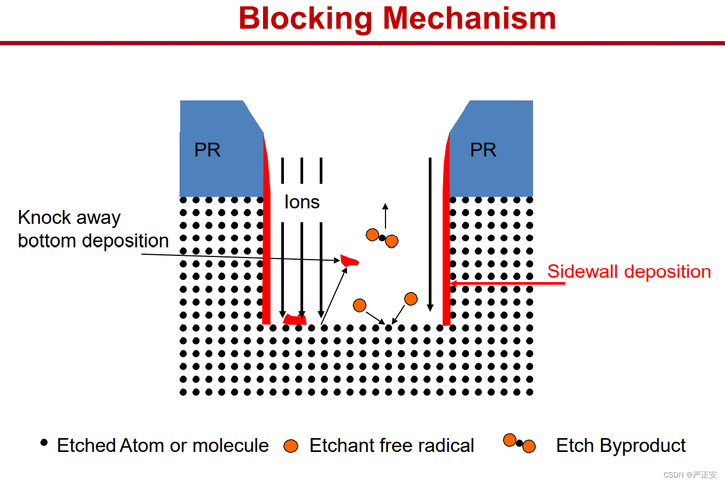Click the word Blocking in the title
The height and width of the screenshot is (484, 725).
click(x=305, y=19)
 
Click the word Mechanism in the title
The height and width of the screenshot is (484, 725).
click(x=469, y=18)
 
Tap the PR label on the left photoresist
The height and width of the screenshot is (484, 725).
click(x=207, y=150)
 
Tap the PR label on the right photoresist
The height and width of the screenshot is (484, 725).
click(x=483, y=150)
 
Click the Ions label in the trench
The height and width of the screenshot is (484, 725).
click(x=302, y=202)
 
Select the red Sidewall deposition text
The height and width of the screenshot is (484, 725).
click(x=629, y=271)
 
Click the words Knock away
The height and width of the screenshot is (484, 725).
click(x=70, y=217)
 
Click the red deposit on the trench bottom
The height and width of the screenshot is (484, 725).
click(x=295, y=319)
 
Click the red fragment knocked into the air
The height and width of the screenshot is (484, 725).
click(x=349, y=261)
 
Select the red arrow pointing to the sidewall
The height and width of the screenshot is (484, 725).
click(x=507, y=284)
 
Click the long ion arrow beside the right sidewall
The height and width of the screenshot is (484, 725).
click(x=430, y=235)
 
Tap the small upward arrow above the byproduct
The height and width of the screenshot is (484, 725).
click(x=385, y=216)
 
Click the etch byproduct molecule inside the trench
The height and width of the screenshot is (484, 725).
click(x=382, y=238)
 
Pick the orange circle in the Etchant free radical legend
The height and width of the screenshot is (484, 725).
click(x=291, y=446)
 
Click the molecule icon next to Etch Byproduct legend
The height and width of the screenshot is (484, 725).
click(x=520, y=443)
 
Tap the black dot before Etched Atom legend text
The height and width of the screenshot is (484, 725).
click(x=44, y=442)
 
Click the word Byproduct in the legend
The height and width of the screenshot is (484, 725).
click(x=643, y=446)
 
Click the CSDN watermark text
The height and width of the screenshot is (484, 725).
click(x=690, y=474)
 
